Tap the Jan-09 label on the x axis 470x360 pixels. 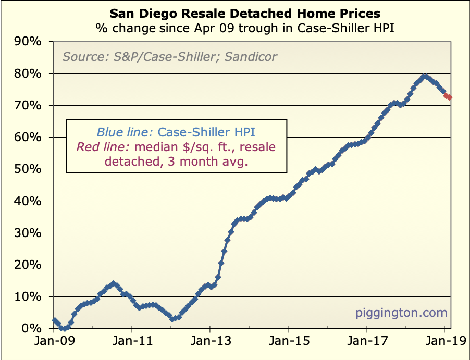pos(53,342)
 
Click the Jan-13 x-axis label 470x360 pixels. pos(209,342)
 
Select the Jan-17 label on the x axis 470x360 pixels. pos(366,342)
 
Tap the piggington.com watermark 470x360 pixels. pos(401,313)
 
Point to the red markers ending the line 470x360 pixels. pos(448,96)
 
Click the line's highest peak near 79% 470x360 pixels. pos(425,77)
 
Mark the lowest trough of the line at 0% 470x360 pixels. pos(63,328)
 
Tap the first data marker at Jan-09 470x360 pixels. pos(54,320)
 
